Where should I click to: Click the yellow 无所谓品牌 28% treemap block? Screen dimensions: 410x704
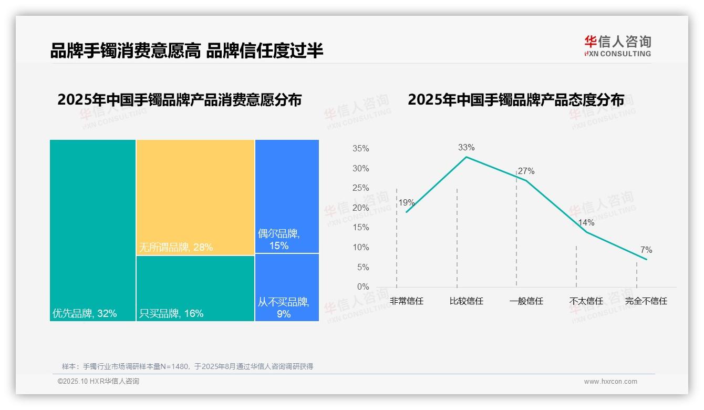(195, 197)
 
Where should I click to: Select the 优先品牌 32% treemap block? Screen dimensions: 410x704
(93, 230)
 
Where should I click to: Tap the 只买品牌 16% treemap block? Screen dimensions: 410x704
(195, 288)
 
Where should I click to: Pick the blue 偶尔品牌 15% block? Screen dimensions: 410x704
(287, 196)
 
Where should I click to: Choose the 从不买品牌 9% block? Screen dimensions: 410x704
(287, 287)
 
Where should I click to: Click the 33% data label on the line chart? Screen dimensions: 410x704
(466, 148)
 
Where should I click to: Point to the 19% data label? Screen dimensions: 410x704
(406, 203)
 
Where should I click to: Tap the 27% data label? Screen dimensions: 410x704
(526, 171)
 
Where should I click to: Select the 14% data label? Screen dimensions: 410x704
(586, 222)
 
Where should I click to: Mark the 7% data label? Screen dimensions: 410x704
(646, 250)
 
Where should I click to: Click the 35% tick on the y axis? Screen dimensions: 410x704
(360, 149)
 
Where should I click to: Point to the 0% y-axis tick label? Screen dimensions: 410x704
(363, 287)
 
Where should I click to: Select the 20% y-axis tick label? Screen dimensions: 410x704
(360, 208)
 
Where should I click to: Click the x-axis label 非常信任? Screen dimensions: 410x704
(406, 301)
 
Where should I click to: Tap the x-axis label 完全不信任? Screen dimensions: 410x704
(646, 301)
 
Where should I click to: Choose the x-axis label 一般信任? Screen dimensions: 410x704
(526, 301)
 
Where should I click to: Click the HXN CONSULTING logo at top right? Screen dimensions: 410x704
(617, 46)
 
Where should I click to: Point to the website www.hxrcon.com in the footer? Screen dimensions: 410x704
(610, 382)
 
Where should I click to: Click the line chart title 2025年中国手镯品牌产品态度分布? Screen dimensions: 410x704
(516, 100)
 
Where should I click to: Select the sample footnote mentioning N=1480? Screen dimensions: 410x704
(188, 366)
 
